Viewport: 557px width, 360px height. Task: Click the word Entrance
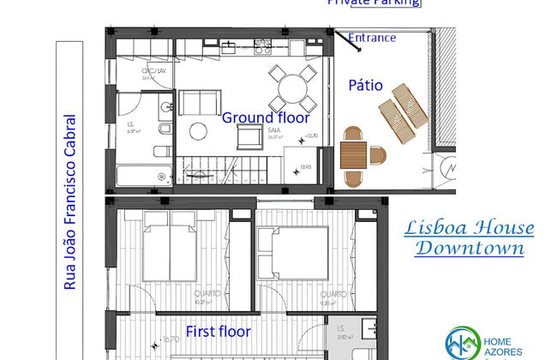372,38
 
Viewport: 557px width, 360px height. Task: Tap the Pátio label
371,86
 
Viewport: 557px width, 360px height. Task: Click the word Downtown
469,249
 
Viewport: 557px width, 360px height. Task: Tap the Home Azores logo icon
463,342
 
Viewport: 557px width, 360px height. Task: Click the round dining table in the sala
292,86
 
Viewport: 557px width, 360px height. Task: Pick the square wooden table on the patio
353,155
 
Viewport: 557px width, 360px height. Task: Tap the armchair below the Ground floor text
251,136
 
